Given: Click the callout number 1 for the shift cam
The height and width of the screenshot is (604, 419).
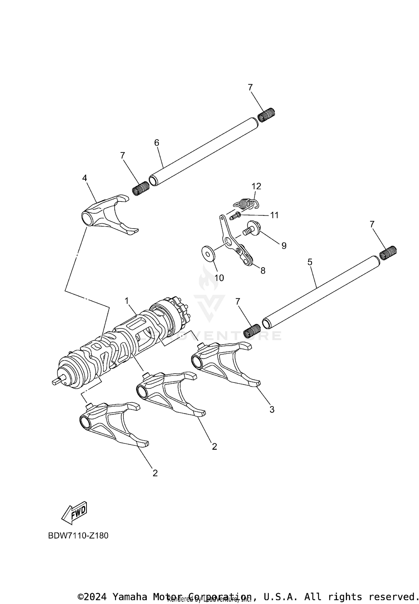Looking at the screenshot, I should click(x=127, y=301).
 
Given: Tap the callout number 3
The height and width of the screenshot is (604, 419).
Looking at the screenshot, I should click(x=272, y=410).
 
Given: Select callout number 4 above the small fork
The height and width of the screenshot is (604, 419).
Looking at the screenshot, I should click(x=85, y=178).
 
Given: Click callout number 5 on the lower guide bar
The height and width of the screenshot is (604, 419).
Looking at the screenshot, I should click(x=310, y=262).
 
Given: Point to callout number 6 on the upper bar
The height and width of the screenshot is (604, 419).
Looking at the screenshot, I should click(x=157, y=143).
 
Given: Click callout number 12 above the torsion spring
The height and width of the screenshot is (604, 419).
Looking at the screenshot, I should click(x=256, y=186).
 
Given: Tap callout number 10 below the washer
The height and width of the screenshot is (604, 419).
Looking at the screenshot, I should click(x=219, y=278).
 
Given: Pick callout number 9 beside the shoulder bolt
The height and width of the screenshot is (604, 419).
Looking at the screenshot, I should click(x=284, y=246).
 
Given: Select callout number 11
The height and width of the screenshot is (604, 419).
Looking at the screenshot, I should click(x=274, y=215).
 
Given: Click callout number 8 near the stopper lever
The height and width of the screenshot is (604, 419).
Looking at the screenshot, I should click(x=263, y=270).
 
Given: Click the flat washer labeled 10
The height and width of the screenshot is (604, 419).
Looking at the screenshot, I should click(x=209, y=253).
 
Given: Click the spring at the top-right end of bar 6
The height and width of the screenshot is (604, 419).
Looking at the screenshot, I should click(x=266, y=115).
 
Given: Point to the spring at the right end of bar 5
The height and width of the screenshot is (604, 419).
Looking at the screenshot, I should click(x=388, y=253).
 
